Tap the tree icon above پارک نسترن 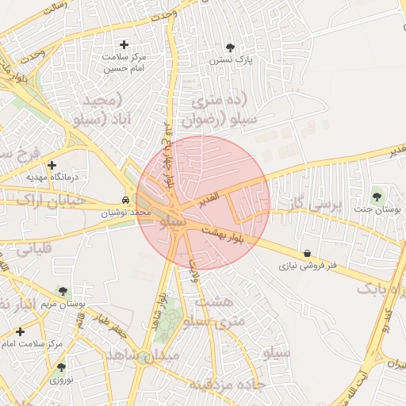[x=230, y=48]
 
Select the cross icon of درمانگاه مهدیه [x=52, y=166]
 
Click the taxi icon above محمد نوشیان [x=126, y=201]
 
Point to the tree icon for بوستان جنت [x=376, y=196]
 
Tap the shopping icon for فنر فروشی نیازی [x=307, y=253]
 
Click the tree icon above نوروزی [x=61, y=366]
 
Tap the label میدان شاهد [x=147, y=357]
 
